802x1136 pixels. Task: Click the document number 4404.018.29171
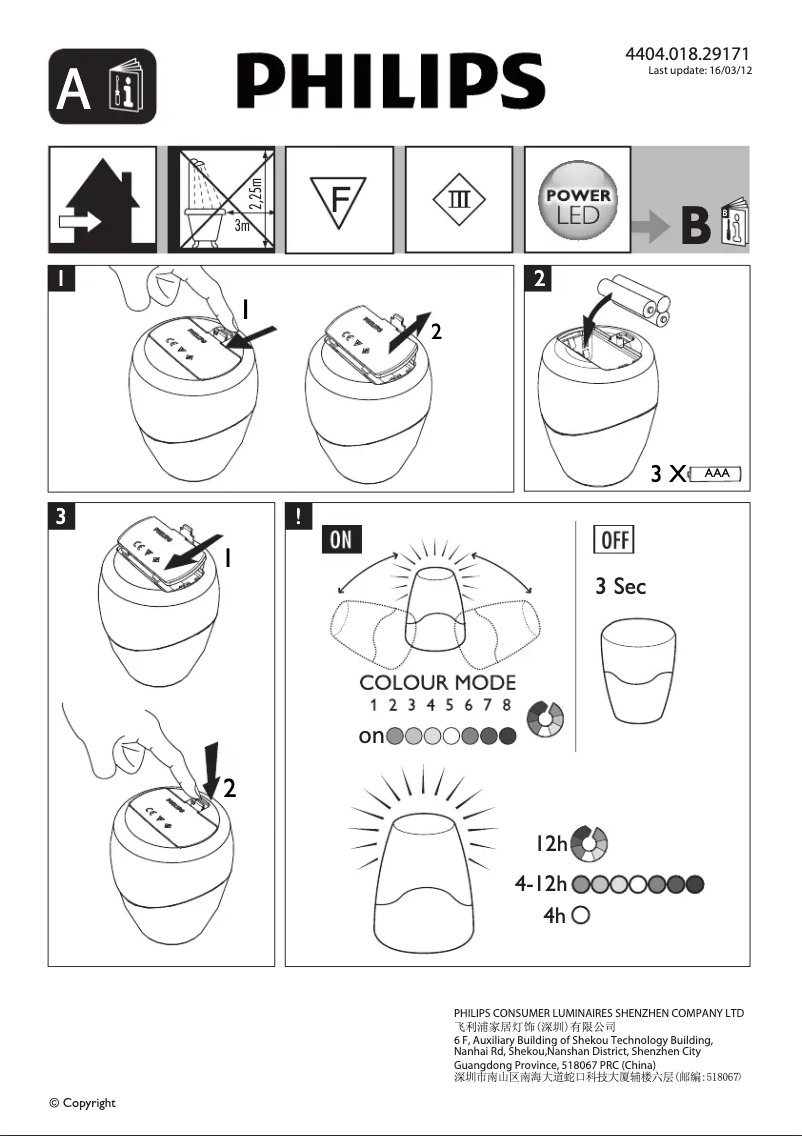pyautogui.click(x=687, y=53)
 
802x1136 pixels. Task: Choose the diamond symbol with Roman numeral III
pyautogui.click(x=458, y=199)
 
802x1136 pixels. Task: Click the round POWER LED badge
pyautogui.click(x=577, y=199)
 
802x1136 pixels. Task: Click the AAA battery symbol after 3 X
pyautogui.click(x=715, y=473)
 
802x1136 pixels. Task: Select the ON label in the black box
pyautogui.click(x=341, y=539)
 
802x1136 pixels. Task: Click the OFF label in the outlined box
pyautogui.click(x=613, y=540)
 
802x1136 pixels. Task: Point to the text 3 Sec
pyautogui.click(x=620, y=586)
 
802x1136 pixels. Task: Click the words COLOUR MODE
pyautogui.click(x=438, y=683)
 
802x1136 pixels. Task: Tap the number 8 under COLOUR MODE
pyautogui.click(x=507, y=705)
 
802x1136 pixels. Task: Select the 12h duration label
pyautogui.click(x=550, y=845)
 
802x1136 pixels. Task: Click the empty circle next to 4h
pyautogui.click(x=581, y=914)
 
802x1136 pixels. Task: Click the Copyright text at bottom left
pyautogui.click(x=83, y=1103)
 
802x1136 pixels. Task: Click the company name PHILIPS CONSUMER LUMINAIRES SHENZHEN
pyautogui.click(x=598, y=1013)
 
